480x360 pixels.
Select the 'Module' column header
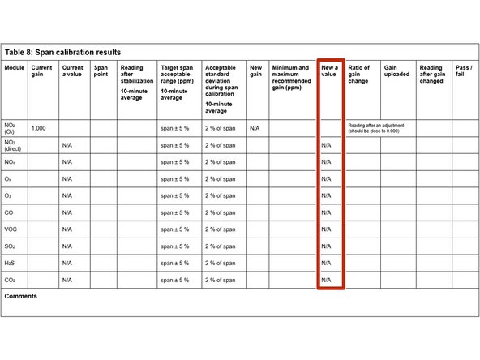click(15, 68)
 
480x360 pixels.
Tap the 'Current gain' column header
click(42, 71)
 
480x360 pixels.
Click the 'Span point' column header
click(101, 71)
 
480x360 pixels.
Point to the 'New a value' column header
click(328, 71)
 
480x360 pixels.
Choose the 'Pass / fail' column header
click(464, 71)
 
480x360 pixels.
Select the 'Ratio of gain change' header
click(358, 75)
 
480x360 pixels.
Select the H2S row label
click(11, 263)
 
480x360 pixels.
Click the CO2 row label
click(11, 280)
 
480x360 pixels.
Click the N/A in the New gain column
click(255, 128)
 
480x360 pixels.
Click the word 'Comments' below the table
click(21, 297)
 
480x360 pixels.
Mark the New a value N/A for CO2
click(326, 280)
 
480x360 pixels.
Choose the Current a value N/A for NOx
click(67, 162)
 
